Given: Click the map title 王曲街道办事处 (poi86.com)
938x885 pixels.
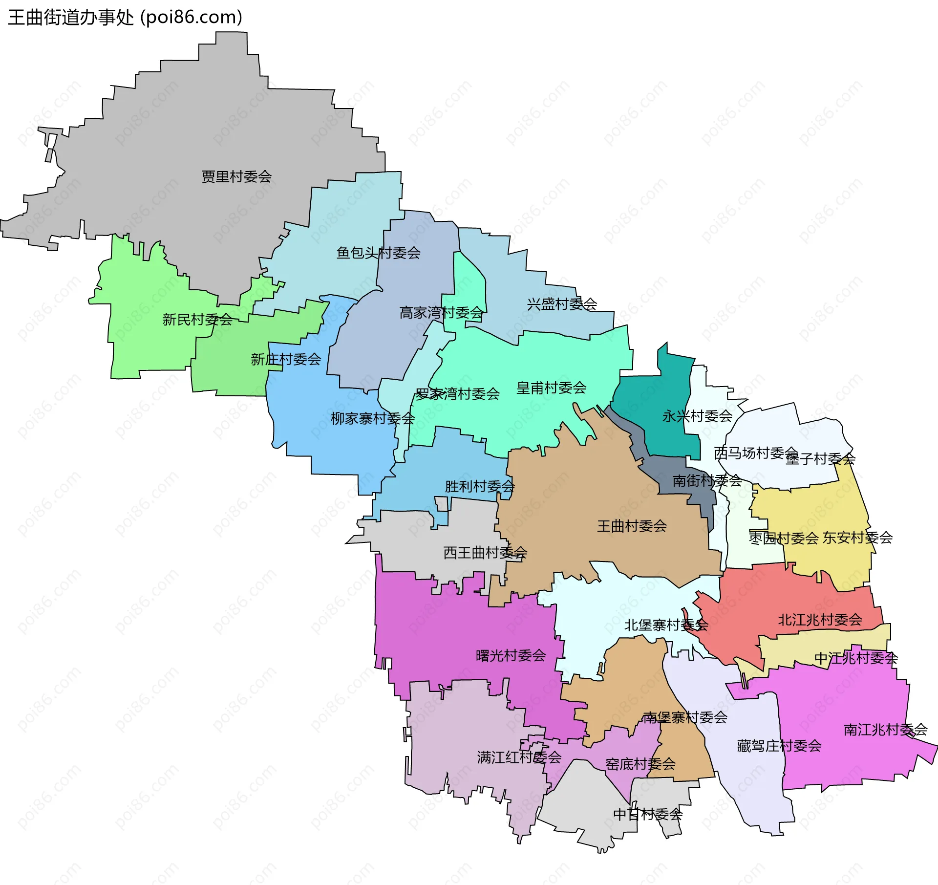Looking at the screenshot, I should point(125,17).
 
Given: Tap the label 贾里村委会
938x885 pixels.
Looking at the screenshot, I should point(236,176).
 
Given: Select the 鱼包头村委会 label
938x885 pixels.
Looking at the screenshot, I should point(379,253).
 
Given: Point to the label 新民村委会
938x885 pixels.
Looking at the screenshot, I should point(197,320).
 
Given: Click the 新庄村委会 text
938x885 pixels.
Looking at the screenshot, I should point(286,359).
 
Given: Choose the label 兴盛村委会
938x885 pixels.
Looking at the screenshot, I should point(562,304).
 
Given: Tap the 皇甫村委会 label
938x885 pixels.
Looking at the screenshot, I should point(551,388).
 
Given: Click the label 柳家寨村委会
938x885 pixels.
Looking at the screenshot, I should point(373,418).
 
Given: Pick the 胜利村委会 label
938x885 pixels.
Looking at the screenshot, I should point(479,486).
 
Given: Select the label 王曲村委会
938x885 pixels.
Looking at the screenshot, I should point(632,526).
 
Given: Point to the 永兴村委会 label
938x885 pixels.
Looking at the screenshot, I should point(697,416).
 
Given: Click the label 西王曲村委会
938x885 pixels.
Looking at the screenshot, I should point(485,553).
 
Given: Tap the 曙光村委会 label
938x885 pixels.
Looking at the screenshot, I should point(511,655).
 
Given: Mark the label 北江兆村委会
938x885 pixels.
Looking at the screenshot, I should point(820,620).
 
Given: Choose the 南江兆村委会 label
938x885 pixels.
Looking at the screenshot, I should point(885,730).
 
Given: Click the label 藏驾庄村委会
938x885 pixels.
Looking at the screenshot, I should point(779,746).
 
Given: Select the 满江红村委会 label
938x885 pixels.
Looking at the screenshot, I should point(519,757).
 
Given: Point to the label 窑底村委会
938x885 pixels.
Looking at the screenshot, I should point(640,764).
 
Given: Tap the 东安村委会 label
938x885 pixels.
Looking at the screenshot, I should point(857,538).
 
